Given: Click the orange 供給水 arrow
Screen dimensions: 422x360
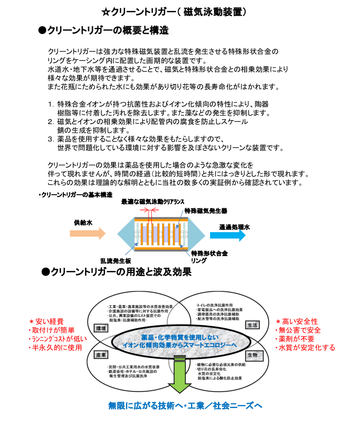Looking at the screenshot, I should click(87, 233).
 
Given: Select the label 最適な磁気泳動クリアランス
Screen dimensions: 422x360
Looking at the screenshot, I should click(152, 202).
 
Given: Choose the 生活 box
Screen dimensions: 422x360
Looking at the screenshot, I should click(252, 325).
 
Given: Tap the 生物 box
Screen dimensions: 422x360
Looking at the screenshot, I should click(252, 355).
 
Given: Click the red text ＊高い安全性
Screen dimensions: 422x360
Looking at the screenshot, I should click(297, 321).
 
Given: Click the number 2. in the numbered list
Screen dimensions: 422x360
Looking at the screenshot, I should click(51, 122).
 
